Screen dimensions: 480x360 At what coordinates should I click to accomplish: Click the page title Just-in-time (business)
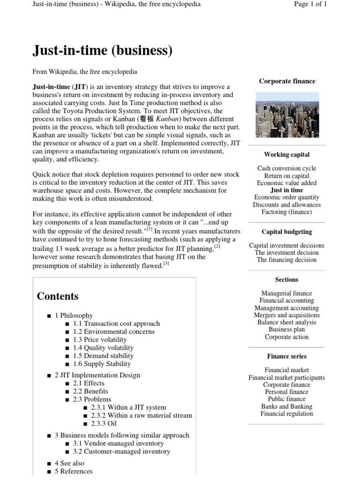(102, 50)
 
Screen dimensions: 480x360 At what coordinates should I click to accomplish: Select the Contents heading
(58, 296)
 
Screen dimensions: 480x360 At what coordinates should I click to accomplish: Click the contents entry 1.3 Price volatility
(100, 339)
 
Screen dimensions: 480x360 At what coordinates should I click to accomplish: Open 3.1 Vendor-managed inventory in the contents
(118, 443)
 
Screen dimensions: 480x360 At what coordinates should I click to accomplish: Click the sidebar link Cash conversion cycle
(286, 168)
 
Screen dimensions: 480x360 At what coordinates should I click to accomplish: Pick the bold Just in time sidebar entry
(286, 190)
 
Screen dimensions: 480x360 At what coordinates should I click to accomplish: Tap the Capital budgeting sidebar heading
(286, 232)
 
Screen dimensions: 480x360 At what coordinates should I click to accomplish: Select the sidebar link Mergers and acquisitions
(286, 315)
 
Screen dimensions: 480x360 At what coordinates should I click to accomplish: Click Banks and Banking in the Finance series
(286, 406)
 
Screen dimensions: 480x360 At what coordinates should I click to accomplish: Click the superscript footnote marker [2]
(217, 246)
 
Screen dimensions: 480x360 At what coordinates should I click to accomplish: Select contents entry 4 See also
(69, 463)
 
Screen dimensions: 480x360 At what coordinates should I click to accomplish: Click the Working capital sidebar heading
(286, 154)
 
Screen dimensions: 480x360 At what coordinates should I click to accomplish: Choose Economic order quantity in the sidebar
(286, 197)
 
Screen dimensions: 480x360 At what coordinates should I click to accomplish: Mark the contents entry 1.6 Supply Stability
(102, 364)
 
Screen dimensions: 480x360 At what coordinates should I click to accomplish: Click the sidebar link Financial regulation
(286, 413)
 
